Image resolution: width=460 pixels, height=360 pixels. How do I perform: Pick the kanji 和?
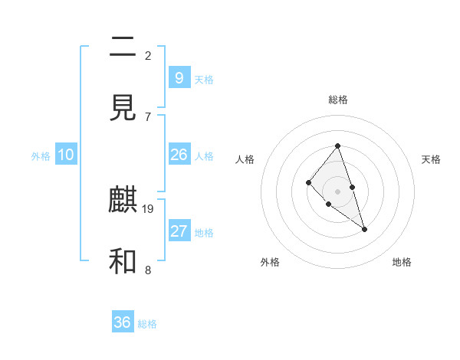coord(123,262)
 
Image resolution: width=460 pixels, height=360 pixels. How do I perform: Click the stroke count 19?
coord(148,208)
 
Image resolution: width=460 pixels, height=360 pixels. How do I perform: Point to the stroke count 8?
coord(148,270)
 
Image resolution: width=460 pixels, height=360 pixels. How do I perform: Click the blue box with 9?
coord(179,77)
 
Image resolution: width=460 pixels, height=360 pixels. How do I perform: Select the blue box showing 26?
coord(179,155)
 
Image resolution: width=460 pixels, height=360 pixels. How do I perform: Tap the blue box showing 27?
coord(179,231)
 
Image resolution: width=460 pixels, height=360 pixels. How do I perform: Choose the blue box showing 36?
coord(123,322)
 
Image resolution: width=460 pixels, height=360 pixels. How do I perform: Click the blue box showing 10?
coord(66,155)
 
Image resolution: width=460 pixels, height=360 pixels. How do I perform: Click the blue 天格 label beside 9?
coord(204,80)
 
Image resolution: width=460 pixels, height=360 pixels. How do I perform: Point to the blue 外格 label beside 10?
coord(41,156)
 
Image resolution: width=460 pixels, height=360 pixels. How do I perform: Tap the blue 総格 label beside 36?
coord(147,324)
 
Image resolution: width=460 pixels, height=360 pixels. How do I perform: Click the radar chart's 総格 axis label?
coord(338,100)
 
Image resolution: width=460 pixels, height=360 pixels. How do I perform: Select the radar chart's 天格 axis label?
coord(432,159)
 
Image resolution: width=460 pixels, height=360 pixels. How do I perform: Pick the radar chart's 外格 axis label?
coord(270,262)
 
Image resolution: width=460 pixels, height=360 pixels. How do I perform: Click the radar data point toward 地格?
coord(365,229)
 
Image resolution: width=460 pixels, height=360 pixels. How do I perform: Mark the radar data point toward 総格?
coord(338,146)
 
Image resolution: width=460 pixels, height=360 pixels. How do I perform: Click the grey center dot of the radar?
coord(338,191)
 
